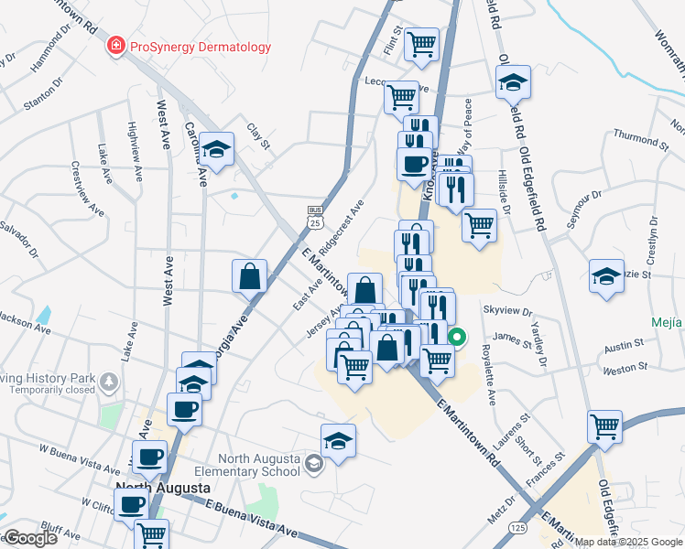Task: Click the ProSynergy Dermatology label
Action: pyautogui.click(x=201, y=47)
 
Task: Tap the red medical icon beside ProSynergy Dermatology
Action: pyautogui.click(x=116, y=47)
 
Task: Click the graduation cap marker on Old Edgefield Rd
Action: pyautogui.click(x=514, y=81)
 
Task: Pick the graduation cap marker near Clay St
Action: pyautogui.click(x=216, y=149)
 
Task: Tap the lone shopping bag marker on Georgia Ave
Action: pyautogui.click(x=250, y=276)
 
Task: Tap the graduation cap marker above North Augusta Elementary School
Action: pyautogui.click(x=338, y=440)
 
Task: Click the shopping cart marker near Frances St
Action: pyautogui.click(x=604, y=425)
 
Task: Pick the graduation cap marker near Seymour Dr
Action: pyautogui.click(x=606, y=276)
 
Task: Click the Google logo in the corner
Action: pyautogui.click(x=31, y=537)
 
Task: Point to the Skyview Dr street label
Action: pyautogui.click(x=513, y=311)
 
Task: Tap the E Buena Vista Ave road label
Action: pyautogui.click(x=252, y=517)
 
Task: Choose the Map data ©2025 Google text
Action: pyautogui.click(x=627, y=542)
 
